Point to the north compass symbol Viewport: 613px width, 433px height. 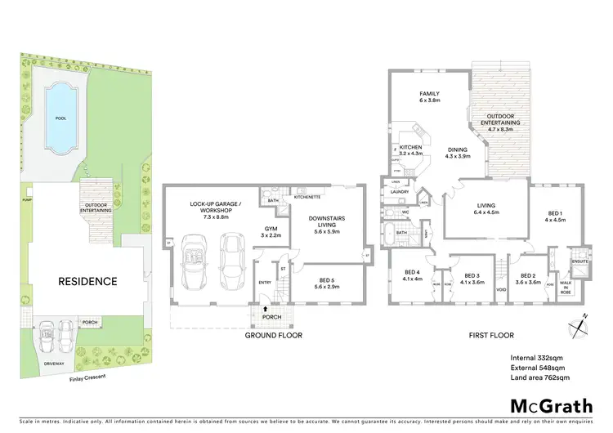click(578, 324)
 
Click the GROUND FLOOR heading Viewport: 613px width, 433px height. click(274, 335)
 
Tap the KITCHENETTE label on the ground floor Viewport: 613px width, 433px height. click(307, 197)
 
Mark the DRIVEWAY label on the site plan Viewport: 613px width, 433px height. click(54, 365)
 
